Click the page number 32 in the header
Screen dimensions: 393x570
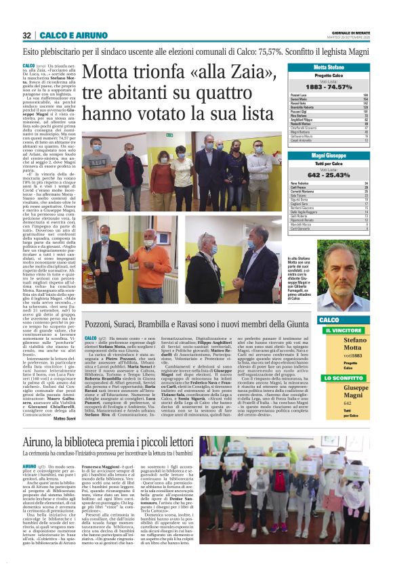[x=27, y=35]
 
